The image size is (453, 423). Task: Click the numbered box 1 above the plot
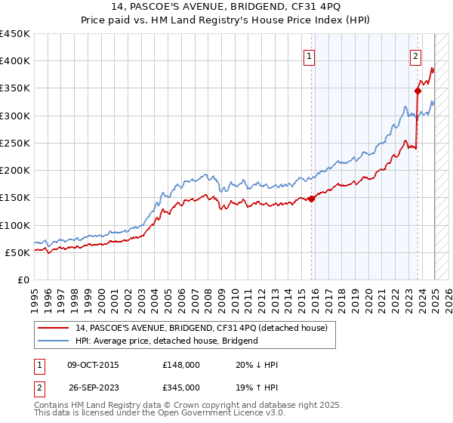click(310, 54)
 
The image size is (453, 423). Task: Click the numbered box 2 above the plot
click(415, 54)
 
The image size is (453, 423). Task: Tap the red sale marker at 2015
click(312, 199)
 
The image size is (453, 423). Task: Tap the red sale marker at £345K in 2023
click(418, 91)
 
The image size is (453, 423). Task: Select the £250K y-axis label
click(15, 143)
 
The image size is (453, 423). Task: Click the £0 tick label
click(23, 279)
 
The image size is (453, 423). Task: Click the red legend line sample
click(54, 328)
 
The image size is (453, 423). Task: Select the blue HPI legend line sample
click(54, 341)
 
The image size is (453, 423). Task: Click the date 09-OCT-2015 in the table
click(93, 365)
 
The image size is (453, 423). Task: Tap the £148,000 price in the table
click(182, 365)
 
